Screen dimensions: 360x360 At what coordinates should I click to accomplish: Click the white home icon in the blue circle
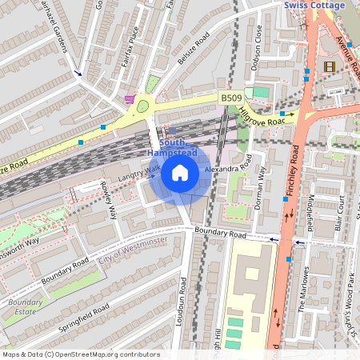point(180,172)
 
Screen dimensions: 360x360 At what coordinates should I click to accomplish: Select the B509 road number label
point(231,98)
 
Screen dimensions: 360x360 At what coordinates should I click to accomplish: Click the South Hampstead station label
point(170,147)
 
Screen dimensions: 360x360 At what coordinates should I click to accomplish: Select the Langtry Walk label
point(139,174)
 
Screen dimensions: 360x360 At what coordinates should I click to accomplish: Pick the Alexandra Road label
point(228,170)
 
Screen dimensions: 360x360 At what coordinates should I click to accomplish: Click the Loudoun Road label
point(183,302)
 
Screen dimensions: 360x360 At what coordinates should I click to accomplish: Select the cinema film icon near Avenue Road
point(330,66)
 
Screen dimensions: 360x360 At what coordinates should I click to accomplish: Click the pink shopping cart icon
point(130,99)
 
